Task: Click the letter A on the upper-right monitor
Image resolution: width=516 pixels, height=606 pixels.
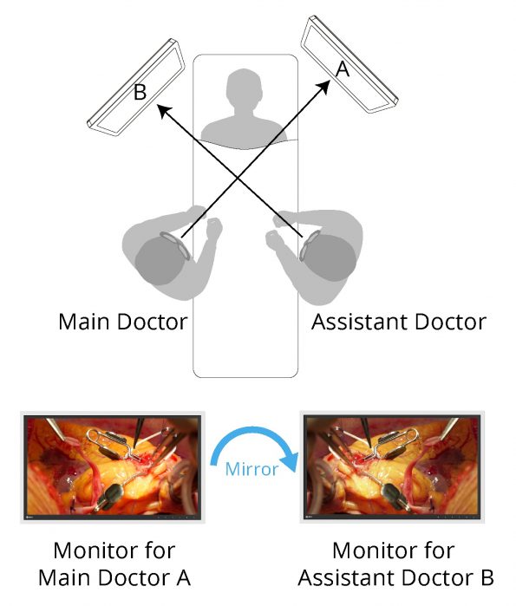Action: [x=343, y=69]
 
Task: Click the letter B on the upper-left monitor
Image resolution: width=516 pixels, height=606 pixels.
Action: [x=140, y=92]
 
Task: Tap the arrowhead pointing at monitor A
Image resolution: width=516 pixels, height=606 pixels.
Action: [x=323, y=87]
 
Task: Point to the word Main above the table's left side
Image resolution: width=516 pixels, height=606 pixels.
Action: [x=84, y=322]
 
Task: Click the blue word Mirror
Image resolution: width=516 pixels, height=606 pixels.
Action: [x=251, y=469]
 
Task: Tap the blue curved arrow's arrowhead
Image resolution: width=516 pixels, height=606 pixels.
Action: [x=290, y=462]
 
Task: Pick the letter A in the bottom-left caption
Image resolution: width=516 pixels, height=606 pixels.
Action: [x=183, y=577]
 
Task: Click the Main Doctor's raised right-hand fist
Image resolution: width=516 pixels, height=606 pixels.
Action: [x=213, y=228]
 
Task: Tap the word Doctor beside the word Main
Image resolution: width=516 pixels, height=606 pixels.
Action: [x=152, y=322]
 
